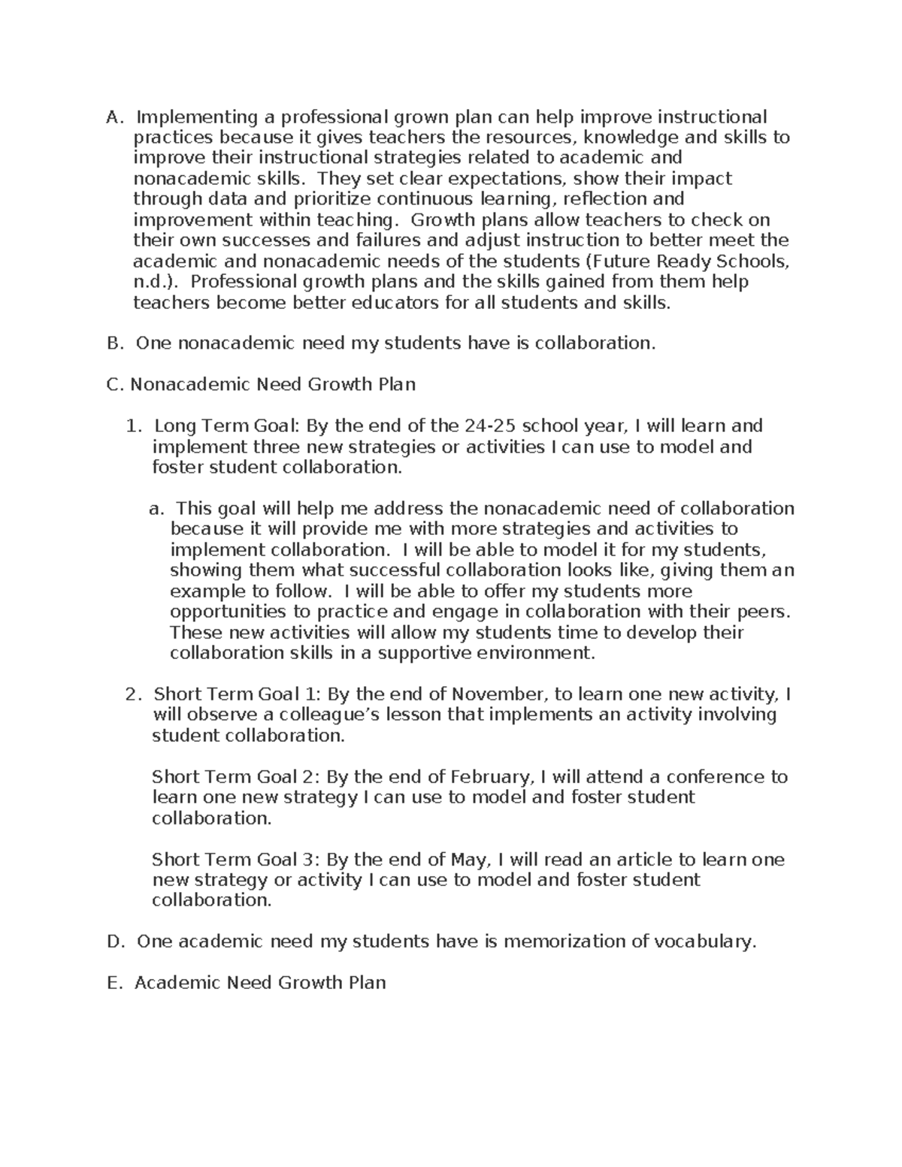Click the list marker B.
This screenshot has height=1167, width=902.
click(114, 343)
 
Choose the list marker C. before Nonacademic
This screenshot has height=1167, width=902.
click(115, 385)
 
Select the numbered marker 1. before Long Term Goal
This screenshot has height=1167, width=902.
click(134, 426)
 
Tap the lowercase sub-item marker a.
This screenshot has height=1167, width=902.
click(156, 509)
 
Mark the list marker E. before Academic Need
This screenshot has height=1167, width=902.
click(114, 983)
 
